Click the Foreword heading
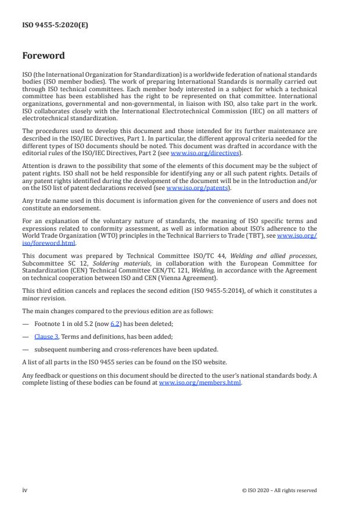43,56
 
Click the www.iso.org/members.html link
200,383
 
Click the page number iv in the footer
25,490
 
